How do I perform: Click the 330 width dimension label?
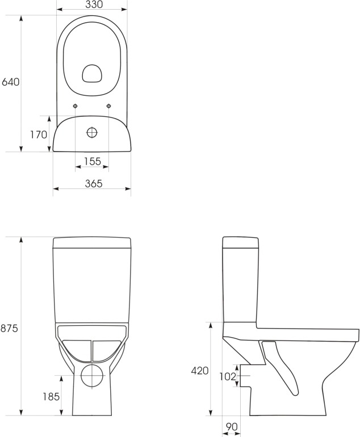(x=94, y=4)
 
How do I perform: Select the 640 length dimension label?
(x=11, y=82)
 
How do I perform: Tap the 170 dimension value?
(x=39, y=135)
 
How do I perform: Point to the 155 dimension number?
(x=93, y=161)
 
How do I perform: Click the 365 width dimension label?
(x=94, y=184)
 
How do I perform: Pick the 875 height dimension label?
(x=9, y=328)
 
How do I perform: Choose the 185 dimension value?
(x=51, y=396)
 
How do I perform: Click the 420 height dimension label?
(x=200, y=371)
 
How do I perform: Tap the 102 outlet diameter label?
(x=228, y=376)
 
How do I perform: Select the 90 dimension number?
(x=232, y=427)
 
